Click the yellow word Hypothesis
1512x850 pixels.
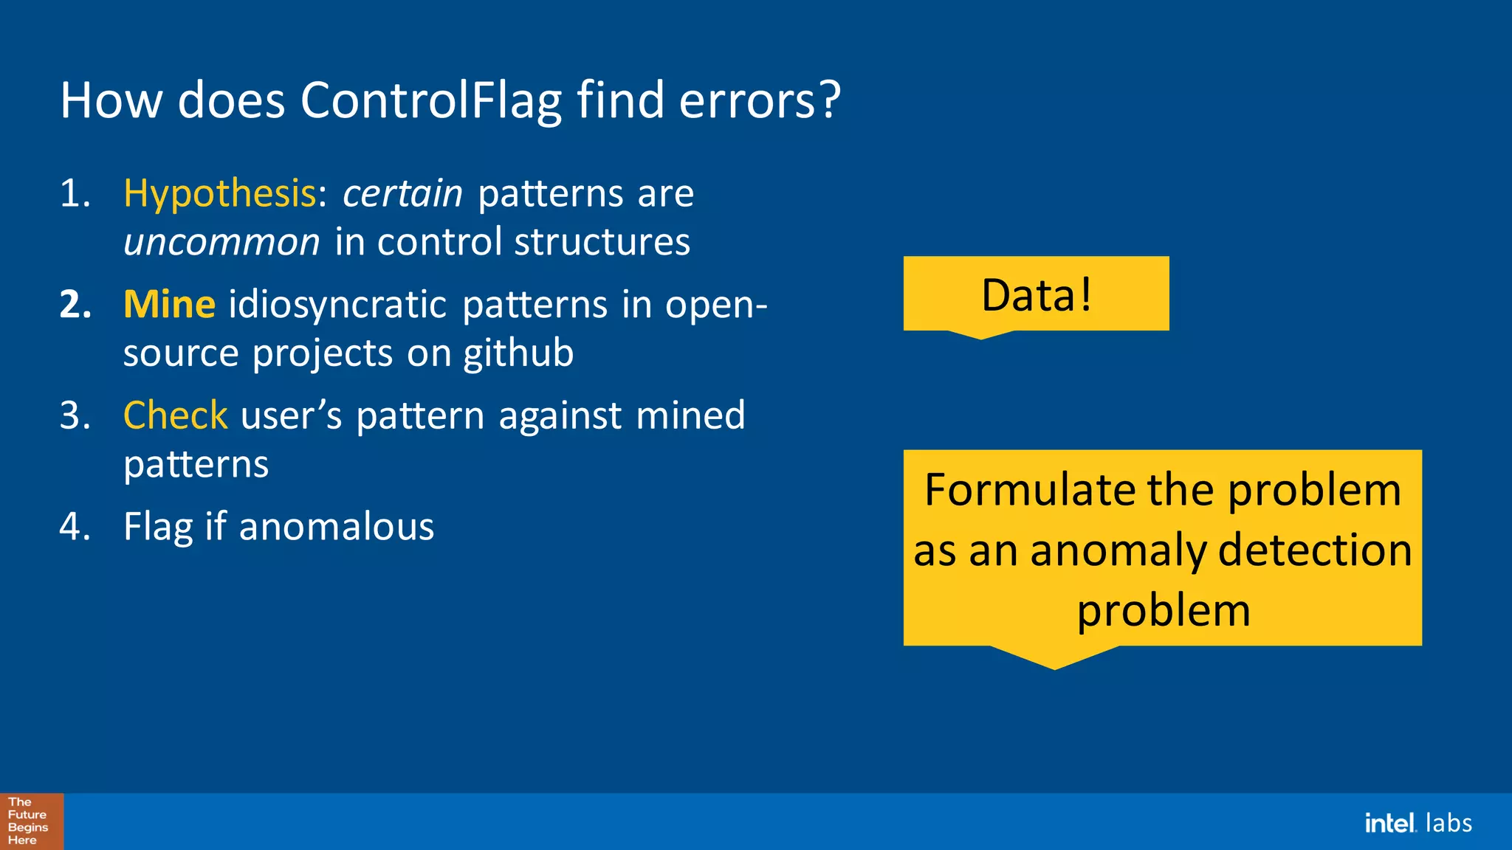tap(219, 194)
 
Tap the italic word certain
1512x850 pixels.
tap(402, 194)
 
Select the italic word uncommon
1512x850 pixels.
tap(221, 243)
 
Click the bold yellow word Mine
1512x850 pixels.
tap(169, 305)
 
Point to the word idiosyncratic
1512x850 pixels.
tap(337, 305)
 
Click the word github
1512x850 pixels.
tap(518, 353)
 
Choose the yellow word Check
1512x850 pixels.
tap(175, 415)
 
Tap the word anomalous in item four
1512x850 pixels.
tap(336, 527)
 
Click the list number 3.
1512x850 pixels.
tap(75, 415)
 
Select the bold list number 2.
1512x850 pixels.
tap(75, 305)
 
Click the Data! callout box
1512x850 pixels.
tap(1035, 294)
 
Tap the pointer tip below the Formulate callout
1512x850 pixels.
tap(1054, 666)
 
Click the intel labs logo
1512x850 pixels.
tap(1417, 823)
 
